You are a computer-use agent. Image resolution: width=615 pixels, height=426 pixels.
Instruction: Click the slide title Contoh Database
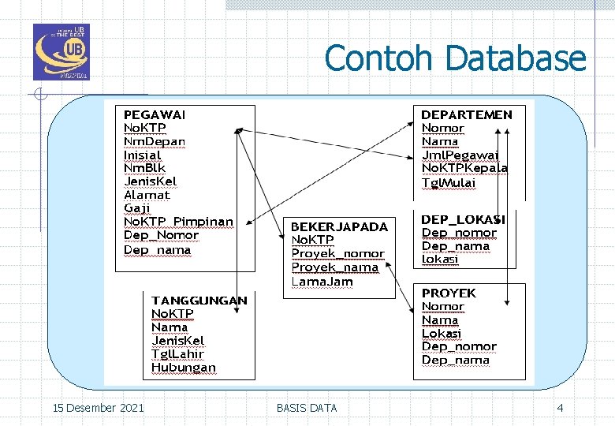[x=455, y=59]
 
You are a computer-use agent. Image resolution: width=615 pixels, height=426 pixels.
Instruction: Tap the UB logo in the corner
[x=61, y=52]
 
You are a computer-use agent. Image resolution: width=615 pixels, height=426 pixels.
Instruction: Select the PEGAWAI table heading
[x=155, y=114]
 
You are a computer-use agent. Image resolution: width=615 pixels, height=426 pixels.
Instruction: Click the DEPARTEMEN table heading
[x=467, y=114]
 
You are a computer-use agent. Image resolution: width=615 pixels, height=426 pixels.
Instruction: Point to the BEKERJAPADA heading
[x=340, y=226]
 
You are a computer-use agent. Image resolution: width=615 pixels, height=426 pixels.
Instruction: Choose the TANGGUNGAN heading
[x=199, y=301]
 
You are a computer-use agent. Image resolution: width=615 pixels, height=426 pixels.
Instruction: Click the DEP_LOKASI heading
[x=464, y=219]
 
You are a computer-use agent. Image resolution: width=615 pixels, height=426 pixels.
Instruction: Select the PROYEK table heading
[x=449, y=293]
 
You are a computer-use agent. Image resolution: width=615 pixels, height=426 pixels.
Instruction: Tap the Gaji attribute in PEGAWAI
[x=137, y=208]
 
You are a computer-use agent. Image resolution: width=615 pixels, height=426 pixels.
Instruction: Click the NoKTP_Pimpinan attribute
[x=178, y=222]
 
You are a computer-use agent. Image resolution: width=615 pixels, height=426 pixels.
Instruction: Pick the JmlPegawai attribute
[x=460, y=155]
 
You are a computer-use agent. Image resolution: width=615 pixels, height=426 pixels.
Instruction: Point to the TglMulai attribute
[x=449, y=182]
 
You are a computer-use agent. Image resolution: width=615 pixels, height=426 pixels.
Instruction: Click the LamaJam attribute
[x=322, y=281]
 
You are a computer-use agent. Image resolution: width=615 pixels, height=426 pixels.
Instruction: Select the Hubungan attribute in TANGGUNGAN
[x=184, y=368]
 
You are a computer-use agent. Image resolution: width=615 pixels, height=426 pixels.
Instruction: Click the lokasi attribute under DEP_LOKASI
[x=440, y=260]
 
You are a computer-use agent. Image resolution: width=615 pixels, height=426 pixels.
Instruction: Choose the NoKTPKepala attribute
[x=464, y=168]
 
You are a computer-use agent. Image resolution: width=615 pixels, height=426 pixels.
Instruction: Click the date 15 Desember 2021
[x=98, y=408]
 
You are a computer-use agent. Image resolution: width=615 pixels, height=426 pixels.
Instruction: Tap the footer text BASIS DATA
[x=307, y=408]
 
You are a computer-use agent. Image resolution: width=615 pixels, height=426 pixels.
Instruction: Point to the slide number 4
[x=560, y=408]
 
